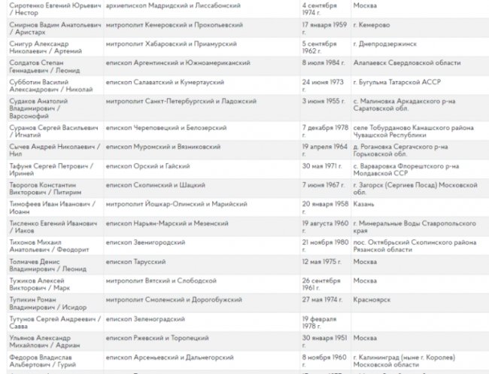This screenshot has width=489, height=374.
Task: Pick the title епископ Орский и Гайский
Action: point(147,165)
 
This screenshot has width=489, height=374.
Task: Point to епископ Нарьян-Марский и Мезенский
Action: point(167,223)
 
